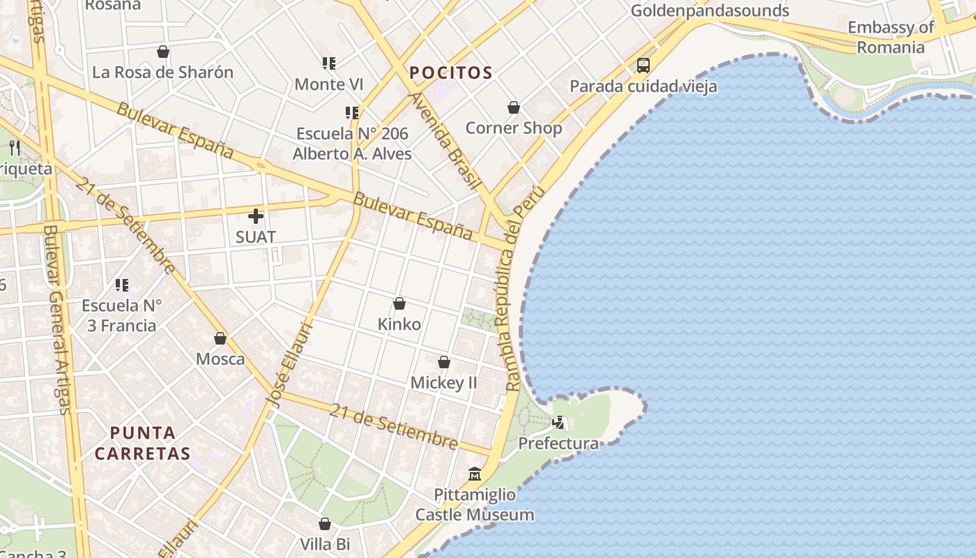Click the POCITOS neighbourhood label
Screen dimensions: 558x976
[x=451, y=73]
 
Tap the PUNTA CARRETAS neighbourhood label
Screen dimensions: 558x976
[x=142, y=443]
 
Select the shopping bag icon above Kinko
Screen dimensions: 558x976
[x=399, y=303]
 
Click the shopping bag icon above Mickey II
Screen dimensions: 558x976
[x=444, y=362]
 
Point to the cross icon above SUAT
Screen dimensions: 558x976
[x=256, y=216]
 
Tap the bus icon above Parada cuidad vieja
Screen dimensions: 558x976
[x=643, y=66]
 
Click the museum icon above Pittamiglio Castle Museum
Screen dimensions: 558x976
[x=475, y=474]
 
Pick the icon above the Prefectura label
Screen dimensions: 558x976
[x=558, y=422]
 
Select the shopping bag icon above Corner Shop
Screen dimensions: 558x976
[x=514, y=107]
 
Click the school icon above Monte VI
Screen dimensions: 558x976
[x=329, y=63]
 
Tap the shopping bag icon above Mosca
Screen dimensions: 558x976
[x=220, y=338]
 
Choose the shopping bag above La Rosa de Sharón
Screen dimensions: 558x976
[x=163, y=52]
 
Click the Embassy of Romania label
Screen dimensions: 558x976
[x=890, y=38]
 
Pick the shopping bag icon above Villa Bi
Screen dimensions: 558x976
[x=325, y=524]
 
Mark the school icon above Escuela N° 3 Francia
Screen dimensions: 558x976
[x=122, y=285]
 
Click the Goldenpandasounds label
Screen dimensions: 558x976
[x=710, y=10]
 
